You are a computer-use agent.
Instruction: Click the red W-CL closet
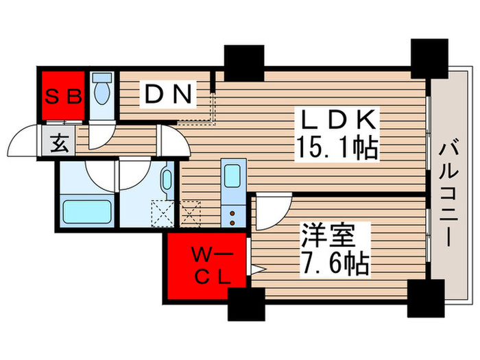[204, 266]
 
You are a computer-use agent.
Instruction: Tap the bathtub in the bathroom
[85, 211]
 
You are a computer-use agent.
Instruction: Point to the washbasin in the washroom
[166, 182]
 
